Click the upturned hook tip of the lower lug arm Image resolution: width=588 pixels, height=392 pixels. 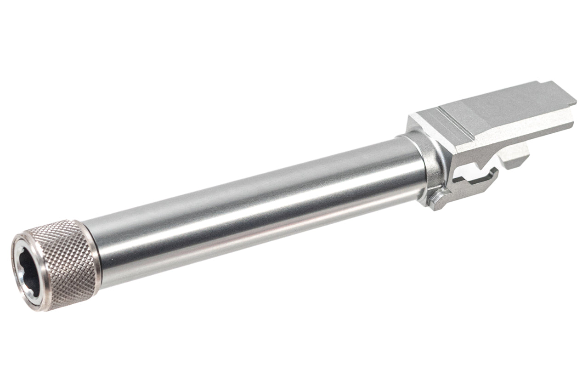pos(494,172)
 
